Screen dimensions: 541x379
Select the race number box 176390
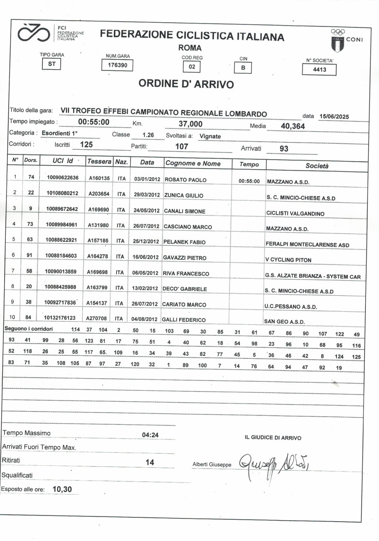pyautogui.click(x=118, y=66)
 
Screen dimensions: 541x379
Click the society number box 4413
pyautogui.click(x=319, y=69)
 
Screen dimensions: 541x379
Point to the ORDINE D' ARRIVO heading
pyautogui.click(x=186, y=84)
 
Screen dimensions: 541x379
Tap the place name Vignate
pyautogui.click(x=210, y=136)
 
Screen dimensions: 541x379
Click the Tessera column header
pyautogui.click(x=99, y=162)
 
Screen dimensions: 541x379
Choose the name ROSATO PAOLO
pyautogui.click(x=185, y=180)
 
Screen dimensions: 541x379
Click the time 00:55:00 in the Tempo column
pyautogui.click(x=249, y=181)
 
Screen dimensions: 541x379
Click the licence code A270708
pyautogui.click(x=99, y=319)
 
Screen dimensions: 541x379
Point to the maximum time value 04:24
pyautogui.click(x=150, y=435)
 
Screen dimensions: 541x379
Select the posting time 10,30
pyautogui.click(x=62, y=489)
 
